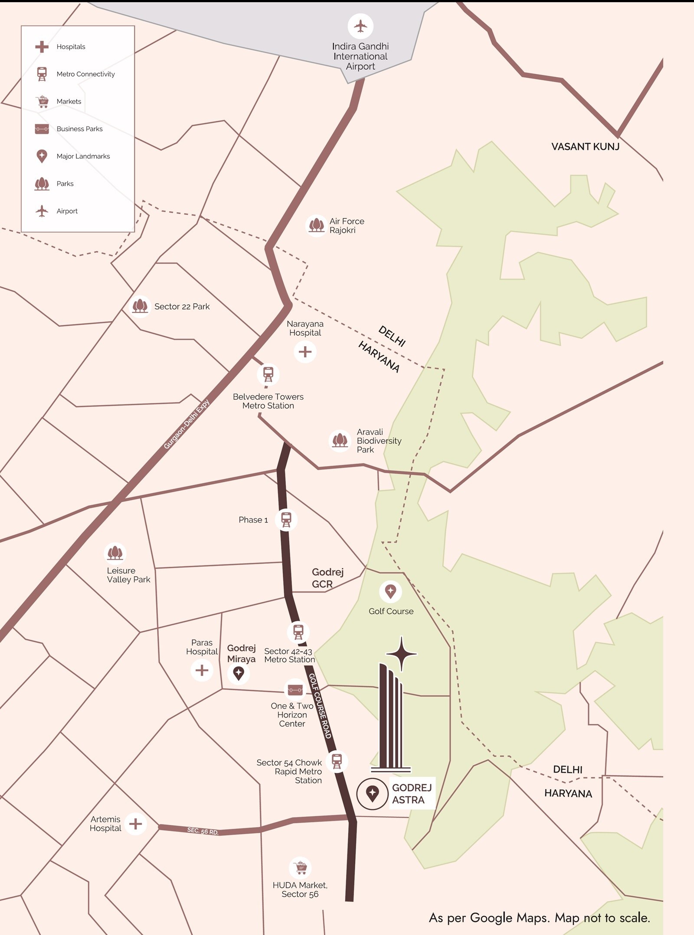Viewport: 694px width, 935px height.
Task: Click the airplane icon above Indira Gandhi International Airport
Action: click(x=360, y=26)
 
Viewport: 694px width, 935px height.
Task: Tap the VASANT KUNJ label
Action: click(x=585, y=146)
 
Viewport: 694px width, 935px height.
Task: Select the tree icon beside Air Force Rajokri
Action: click(x=316, y=225)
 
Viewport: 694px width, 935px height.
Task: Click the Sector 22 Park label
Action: click(x=182, y=306)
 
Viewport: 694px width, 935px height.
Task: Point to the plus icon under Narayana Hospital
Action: click(x=305, y=351)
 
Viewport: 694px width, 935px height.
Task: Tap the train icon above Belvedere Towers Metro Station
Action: click(x=268, y=374)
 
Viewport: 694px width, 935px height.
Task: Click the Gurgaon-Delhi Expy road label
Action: click(x=187, y=424)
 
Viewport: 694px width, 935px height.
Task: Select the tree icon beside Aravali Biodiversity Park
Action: click(x=340, y=441)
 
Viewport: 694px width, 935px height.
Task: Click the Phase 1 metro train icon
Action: click(x=286, y=519)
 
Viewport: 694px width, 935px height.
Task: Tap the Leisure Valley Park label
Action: click(x=128, y=575)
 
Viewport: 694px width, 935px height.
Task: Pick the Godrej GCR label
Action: click(x=327, y=578)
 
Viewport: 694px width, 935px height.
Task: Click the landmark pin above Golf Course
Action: click(x=390, y=591)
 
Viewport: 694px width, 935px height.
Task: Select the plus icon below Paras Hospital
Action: click(x=202, y=670)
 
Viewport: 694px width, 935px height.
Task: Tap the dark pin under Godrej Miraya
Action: click(x=239, y=673)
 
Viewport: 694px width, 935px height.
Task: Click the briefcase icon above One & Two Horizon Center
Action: click(x=295, y=689)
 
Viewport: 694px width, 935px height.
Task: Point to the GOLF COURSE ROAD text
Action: click(x=320, y=706)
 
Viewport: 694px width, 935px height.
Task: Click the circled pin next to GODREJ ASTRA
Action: click(x=372, y=793)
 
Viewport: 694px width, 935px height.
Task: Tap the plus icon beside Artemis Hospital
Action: click(x=136, y=824)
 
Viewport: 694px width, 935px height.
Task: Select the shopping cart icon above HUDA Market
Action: click(x=300, y=868)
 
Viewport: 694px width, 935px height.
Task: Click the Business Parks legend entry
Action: click(x=79, y=129)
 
